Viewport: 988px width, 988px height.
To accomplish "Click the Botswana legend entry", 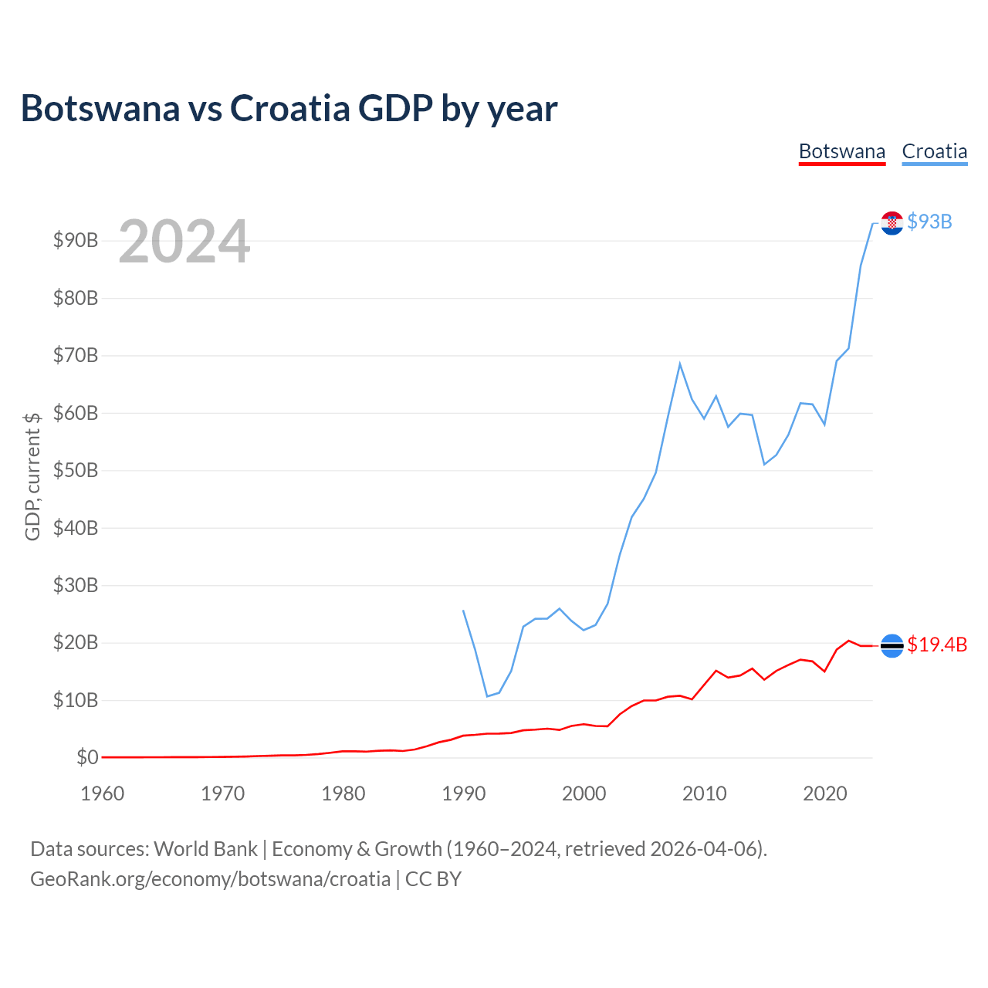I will tap(841, 151).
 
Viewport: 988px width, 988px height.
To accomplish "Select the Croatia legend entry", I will tap(934, 151).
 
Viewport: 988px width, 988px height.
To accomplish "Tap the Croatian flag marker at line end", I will tap(892, 223).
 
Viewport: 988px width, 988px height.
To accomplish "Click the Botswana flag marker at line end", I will tap(892, 645).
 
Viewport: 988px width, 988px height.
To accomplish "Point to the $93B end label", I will tap(929, 222).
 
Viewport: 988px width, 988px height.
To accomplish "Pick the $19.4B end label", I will tap(937, 645).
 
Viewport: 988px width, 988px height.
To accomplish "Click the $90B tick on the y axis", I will tap(76, 241).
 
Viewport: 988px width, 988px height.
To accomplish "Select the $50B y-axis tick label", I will tap(76, 471).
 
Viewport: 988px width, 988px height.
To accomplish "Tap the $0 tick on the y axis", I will tap(87, 758).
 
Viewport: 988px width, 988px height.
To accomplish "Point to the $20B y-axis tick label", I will tap(76, 643).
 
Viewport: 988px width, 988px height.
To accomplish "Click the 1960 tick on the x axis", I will tap(103, 793).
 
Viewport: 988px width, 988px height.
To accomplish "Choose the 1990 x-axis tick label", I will tap(463, 793).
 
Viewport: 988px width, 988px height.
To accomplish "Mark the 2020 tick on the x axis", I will tap(824, 793).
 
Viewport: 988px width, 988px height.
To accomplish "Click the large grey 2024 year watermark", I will tap(184, 242).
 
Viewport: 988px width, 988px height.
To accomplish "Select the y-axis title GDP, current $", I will tap(32, 476).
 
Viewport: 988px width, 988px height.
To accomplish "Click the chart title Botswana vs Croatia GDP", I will tap(289, 108).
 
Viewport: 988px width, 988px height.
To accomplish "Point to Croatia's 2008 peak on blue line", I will tap(680, 364).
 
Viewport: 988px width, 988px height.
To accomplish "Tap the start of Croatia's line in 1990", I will tap(463, 611).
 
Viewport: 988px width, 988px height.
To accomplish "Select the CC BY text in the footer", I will tap(433, 879).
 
